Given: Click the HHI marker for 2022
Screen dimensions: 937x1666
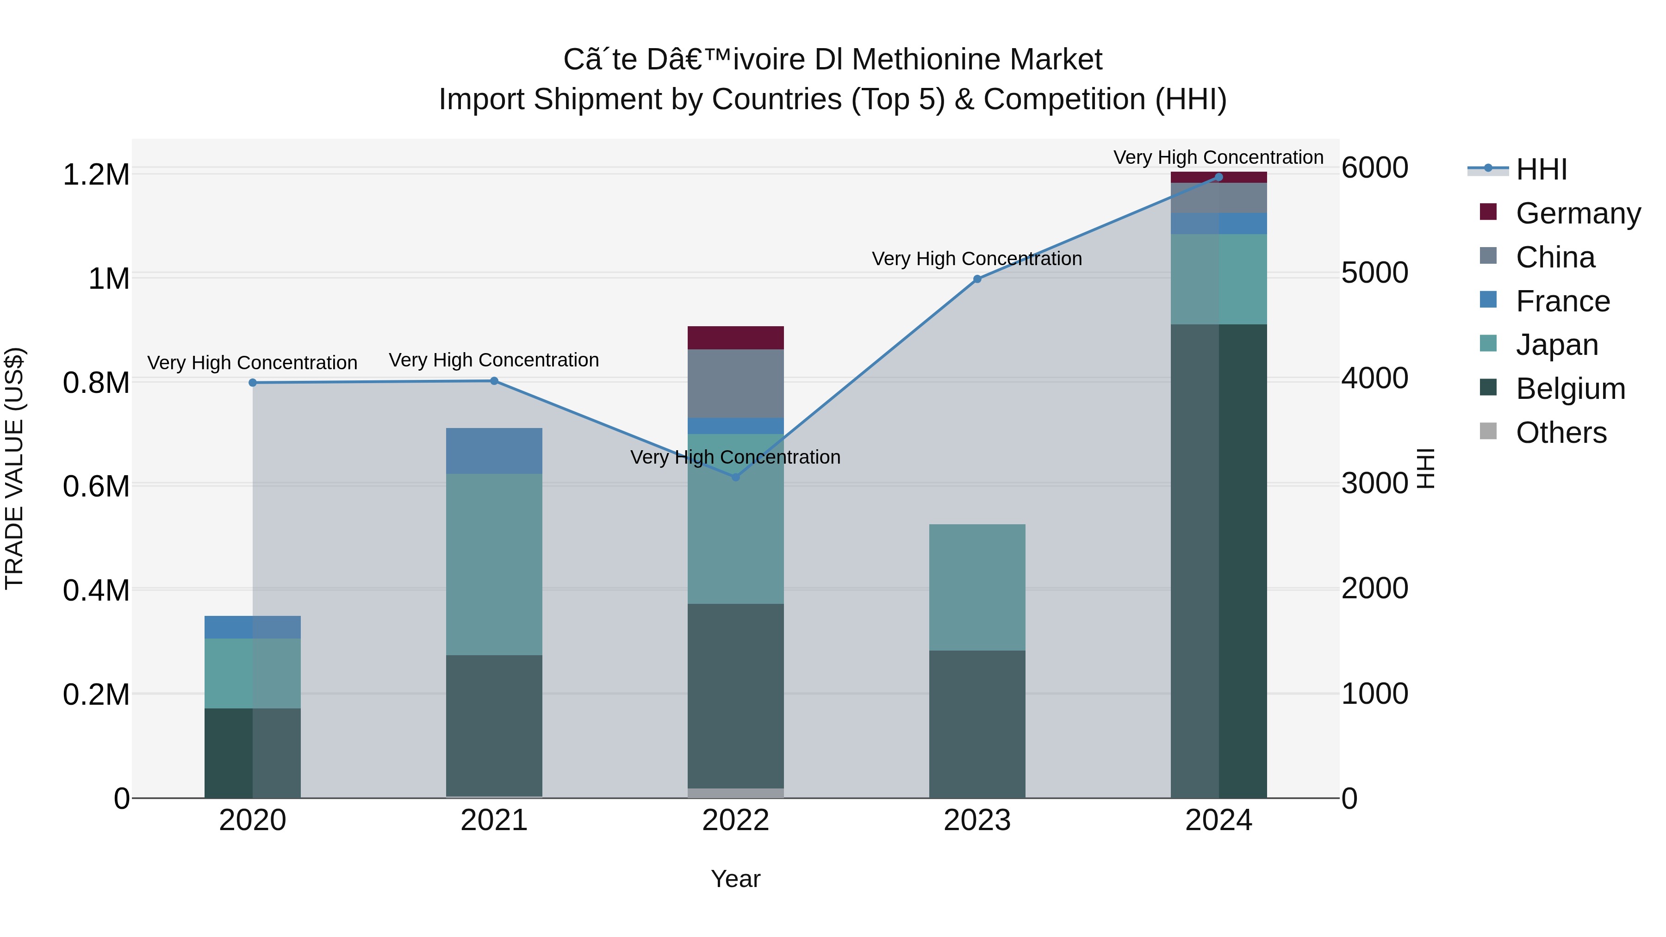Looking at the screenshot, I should (735, 477).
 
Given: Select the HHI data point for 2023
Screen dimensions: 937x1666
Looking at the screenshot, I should (977, 279).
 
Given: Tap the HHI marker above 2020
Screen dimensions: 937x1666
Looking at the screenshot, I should (253, 383).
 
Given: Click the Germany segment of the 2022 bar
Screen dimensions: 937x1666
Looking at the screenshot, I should (735, 338).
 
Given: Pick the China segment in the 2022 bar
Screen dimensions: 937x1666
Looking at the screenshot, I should (735, 384).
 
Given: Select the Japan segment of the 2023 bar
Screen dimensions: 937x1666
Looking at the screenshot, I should (977, 587).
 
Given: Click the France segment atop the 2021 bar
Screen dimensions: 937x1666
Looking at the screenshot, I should (494, 451).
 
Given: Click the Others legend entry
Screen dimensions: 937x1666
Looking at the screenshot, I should (1560, 433).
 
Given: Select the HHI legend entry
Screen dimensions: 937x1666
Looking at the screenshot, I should (1541, 169).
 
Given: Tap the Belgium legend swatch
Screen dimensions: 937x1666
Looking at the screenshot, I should (1488, 387).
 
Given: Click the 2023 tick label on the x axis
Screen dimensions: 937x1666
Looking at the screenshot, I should (977, 820).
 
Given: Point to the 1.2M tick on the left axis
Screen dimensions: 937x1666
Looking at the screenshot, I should (96, 174).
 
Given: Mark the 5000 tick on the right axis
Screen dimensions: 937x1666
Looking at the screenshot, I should (1375, 273).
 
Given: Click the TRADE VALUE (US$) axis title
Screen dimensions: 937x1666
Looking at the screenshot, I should (14, 468).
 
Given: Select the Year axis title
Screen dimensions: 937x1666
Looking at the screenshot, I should (735, 879).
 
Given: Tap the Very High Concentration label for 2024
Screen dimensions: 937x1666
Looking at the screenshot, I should (1218, 157).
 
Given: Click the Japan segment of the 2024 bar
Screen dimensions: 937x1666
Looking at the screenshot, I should (1218, 279).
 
